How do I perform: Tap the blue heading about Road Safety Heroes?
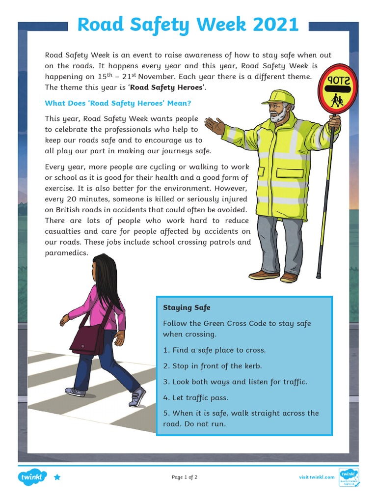pyautogui.click(x=118, y=103)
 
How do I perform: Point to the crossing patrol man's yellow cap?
pyautogui.click(x=278, y=97)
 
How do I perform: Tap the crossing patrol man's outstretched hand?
pyautogui.click(x=214, y=126)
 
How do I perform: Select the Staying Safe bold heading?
pyautogui.click(x=187, y=307)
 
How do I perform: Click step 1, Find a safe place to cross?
pyautogui.click(x=214, y=350)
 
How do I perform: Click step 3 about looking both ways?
pyautogui.click(x=235, y=382)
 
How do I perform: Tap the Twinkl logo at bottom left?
pyautogui.click(x=32, y=476)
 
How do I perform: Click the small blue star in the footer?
pyautogui.click(x=57, y=477)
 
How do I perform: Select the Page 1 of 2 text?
pyautogui.click(x=185, y=477)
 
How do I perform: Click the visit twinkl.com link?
pyautogui.click(x=317, y=477)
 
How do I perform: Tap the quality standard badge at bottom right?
pyautogui.click(x=350, y=476)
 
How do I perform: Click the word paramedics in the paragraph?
pyautogui.click(x=66, y=253)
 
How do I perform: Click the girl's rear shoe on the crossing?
pyautogui.click(x=76, y=391)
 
